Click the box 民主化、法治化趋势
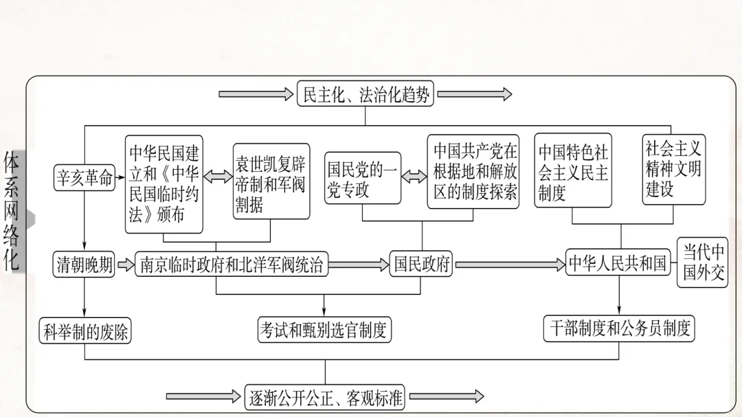366,94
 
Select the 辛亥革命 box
85,178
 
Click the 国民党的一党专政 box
363,179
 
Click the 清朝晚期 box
85,264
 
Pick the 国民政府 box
421,264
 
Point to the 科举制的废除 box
85,331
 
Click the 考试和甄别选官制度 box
324,330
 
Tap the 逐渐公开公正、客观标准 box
326,396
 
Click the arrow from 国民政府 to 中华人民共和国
508,264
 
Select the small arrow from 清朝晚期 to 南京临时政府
125,264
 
